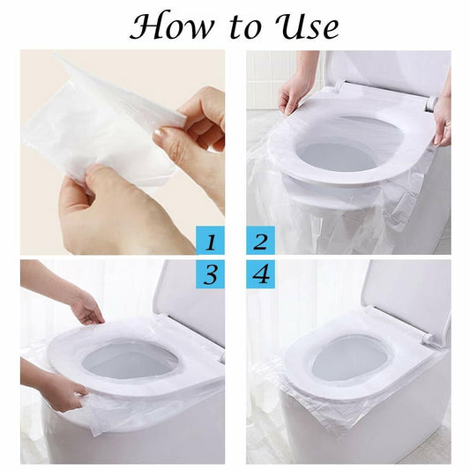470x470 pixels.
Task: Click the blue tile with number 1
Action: click(x=210, y=240)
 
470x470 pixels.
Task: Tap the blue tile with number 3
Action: click(x=210, y=274)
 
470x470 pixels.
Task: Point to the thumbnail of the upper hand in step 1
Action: click(x=162, y=134)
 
